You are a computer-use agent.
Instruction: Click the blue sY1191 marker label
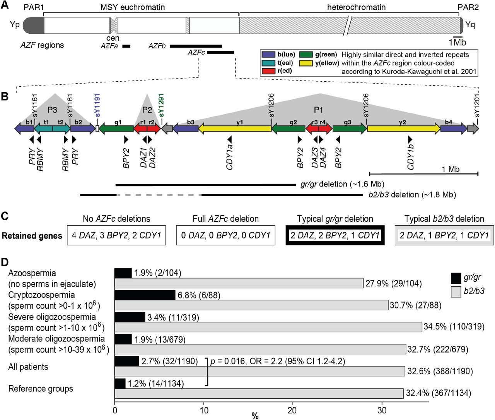click(97, 105)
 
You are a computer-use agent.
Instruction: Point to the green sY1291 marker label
click(161, 105)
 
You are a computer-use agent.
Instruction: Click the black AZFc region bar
click(220, 52)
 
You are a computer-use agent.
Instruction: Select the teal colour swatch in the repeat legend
click(268, 63)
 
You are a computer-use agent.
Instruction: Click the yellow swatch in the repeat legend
click(306, 63)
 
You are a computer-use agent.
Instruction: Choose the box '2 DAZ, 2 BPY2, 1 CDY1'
click(335, 235)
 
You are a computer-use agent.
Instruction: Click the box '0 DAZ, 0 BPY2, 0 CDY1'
click(226, 235)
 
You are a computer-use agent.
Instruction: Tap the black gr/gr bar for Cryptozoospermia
click(145, 295)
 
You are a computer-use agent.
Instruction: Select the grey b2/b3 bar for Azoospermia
click(239, 283)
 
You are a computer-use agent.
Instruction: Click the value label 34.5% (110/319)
click(454, 326)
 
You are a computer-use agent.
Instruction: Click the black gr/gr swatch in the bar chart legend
click(456, 278)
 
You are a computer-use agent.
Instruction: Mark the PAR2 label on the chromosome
click(468, 7)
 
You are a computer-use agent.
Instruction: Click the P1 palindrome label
click(318, 110)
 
